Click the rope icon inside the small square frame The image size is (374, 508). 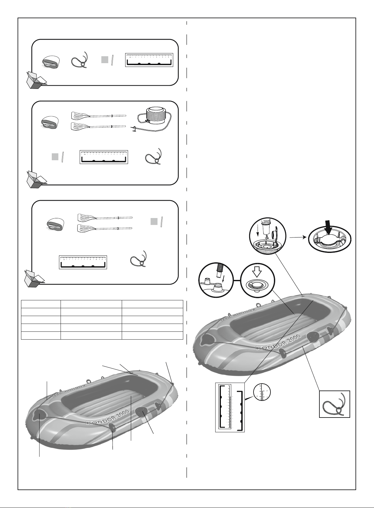[334, 404]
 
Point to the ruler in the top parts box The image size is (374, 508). [149, 60]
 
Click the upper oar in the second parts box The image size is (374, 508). [98, 115]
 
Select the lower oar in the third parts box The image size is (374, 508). [104, 228]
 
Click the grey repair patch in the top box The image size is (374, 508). [105, 59]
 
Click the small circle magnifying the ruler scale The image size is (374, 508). [262, 392]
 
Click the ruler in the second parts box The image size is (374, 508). [104, 157]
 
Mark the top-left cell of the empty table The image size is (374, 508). [41, 304]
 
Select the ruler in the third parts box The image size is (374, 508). [83, 262]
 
